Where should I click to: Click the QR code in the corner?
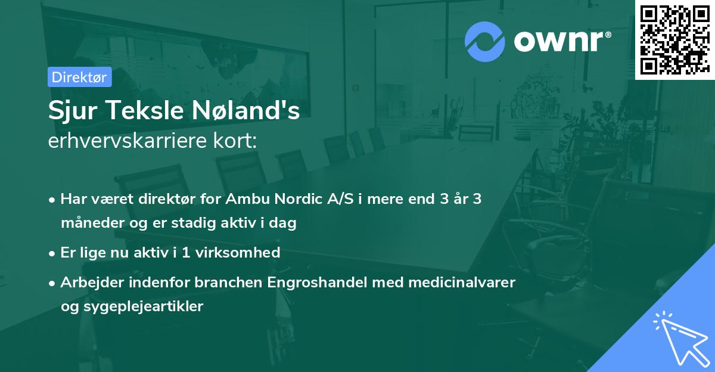point(674,39)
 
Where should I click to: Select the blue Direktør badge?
point(79,77)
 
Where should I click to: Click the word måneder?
point(86,224)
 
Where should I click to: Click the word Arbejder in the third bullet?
point(88,282)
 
